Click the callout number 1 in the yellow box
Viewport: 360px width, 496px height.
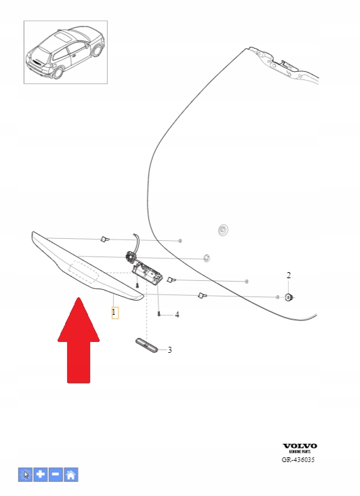[114, 313]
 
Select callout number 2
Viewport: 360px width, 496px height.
[288, 275]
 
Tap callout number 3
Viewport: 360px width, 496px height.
[169, 350]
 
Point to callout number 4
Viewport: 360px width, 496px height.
[177, 315]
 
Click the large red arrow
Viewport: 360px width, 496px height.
[79, 340]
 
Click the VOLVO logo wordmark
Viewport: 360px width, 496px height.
[300, 446]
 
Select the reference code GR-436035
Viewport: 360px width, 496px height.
[298, 459]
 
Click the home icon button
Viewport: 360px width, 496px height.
[71, 474]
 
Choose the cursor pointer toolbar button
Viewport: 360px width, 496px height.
[25, 474]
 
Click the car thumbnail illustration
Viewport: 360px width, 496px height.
[66, 52]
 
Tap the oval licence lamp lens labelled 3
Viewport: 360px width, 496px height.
[146, 345]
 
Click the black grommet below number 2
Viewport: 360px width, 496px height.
[288, 297]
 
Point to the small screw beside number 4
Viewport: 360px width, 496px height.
[159, 313]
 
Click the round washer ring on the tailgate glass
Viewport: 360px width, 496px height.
[223, 229]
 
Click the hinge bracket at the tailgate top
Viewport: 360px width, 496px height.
[283, 65]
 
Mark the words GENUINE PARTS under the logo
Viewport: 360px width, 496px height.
[300, 452]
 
